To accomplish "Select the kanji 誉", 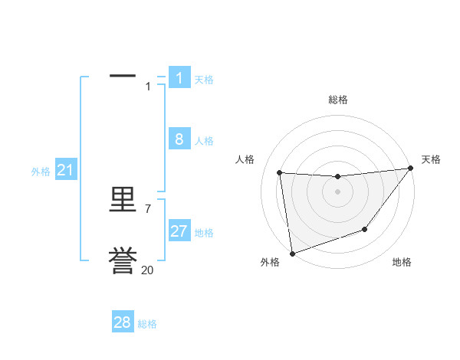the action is coord(123,260).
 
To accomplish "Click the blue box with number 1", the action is coord(179,77).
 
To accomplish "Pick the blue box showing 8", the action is coord(179,139).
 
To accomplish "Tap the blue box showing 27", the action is coord(179,231).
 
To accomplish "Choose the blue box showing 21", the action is coord(65,170).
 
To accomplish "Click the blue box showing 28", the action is coord(123,322).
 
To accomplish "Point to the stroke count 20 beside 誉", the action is coord(147,270).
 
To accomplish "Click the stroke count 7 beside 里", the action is coord(147,208).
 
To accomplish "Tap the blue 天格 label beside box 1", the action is coord(204,80).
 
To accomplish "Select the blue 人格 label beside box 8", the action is coord(204,141).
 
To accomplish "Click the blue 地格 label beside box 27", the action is coord(204,233).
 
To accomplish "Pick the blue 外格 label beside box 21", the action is coord(41,172).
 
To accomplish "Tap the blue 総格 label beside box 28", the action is coord(147,324).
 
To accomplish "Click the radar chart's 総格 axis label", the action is coord(338,100).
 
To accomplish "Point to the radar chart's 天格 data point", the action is coord(410,169).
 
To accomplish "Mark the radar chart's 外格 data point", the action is coord(292,254).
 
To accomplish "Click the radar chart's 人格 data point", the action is coord(280,173).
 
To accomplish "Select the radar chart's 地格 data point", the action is coord(366,229).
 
